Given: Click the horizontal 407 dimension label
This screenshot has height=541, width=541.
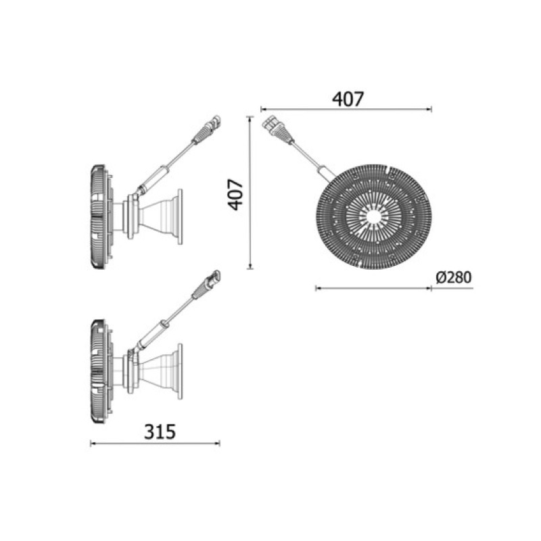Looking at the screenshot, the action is (x=348, y=99).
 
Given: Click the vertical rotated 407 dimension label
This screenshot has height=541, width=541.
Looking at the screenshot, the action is (x=236, y=194).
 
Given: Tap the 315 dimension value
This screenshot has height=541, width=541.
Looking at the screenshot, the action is (x=160, y=431).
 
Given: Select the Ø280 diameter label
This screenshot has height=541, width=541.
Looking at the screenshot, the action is (x=453, y=277).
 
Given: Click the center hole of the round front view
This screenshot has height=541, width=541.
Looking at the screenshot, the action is (x=374, y=216).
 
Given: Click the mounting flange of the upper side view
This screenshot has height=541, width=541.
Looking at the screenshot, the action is (x=180, y=217).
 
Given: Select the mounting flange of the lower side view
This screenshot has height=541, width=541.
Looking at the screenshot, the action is (x=180, y=371).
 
